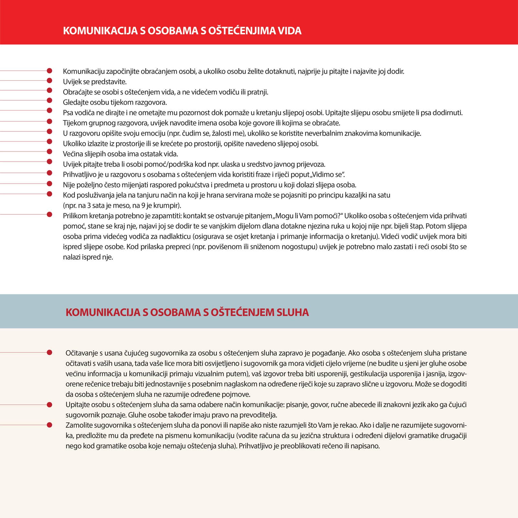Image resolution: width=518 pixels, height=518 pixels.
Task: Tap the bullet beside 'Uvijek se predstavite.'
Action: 50,80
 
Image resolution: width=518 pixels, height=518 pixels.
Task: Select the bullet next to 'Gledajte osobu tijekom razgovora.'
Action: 50,100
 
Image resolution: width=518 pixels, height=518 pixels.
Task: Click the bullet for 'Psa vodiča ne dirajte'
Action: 50,110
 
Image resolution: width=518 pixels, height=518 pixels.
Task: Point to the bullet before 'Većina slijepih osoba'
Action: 50,152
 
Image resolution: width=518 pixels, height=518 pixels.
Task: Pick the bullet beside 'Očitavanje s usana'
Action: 50,352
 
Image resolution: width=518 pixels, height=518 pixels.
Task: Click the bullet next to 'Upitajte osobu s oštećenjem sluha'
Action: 50,405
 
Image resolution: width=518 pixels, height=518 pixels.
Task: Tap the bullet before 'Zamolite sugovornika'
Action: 50,425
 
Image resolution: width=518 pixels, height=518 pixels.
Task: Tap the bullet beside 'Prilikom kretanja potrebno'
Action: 50,214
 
